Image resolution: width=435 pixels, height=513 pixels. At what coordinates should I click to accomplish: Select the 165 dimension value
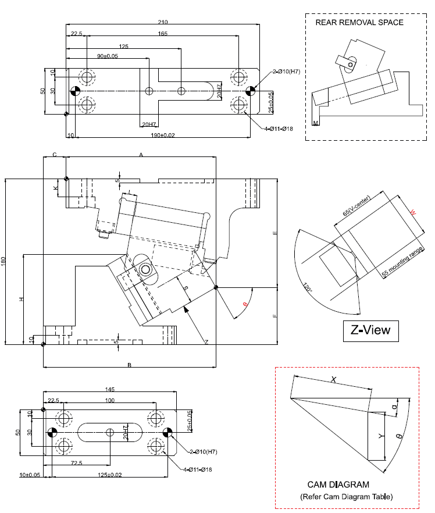[x=162, y=34]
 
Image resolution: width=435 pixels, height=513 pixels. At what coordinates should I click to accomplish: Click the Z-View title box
[x=370, y=331]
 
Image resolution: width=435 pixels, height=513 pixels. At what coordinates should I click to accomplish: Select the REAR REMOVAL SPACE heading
[x=359, y=23]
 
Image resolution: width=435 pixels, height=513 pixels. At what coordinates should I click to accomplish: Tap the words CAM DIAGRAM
[x=338, y=484]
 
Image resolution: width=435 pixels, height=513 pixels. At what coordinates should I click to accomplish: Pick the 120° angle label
[x=308, y=287]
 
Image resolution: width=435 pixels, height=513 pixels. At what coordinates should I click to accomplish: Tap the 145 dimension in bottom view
[x=109, y=389]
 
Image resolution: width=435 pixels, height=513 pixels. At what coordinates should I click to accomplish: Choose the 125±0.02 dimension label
[x=109, y=475]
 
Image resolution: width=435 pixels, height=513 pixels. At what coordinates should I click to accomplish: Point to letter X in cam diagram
[x=333, y=379]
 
